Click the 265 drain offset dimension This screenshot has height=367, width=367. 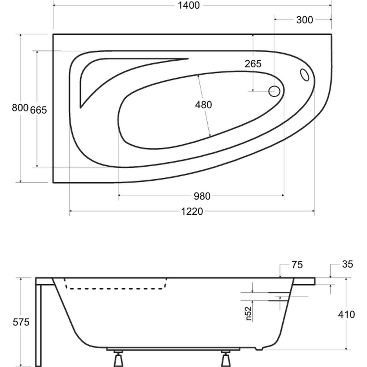tap(253, 64)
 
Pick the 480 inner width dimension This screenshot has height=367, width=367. tap(203, 105)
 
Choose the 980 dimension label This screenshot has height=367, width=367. tap(202, 196)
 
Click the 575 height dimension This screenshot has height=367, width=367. tap(21, 322)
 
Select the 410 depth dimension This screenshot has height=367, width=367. tap(346, 314)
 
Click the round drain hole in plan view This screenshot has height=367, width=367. tap(274, 91)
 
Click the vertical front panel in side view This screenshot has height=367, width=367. tap(38, 324)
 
